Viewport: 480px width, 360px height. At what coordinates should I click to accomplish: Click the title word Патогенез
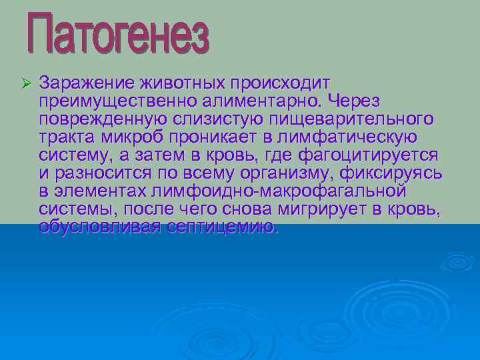(118, 33)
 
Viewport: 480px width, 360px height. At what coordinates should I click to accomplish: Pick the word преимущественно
(116, 101)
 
